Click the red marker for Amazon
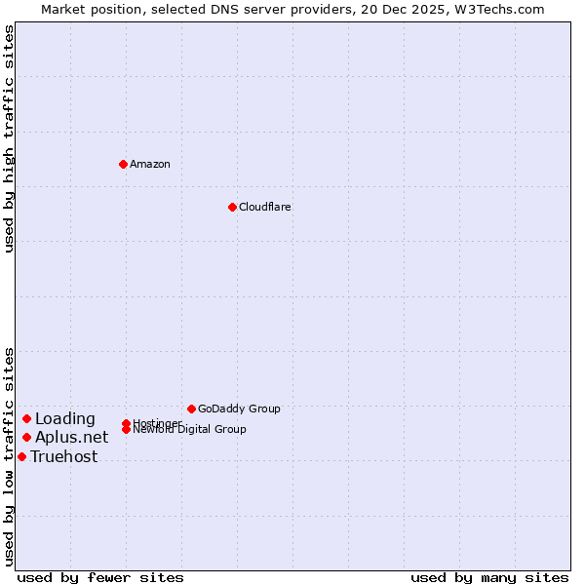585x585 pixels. coord(123,164)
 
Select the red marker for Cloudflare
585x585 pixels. coord(232,207)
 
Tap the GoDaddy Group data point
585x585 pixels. coord(191,409)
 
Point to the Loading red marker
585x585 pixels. coord(27,418)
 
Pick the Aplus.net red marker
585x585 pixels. coord(27,437)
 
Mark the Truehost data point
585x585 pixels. coord(21,456)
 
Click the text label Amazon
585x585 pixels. coord(150,164)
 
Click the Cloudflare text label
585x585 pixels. coord(264,207)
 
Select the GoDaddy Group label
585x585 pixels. coord(239,409)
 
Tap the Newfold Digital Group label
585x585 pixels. coord(189,430)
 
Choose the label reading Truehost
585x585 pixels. coord(63,456)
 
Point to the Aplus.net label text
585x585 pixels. coord(71,437)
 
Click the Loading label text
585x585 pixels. coord(64,419)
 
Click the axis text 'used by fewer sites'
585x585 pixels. coord(99,577)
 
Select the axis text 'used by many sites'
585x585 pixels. coord(489,577)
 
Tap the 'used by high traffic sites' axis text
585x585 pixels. coord(10,138)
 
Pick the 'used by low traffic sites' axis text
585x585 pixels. coord(10,456)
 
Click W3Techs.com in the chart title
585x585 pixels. coord(496,9)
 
